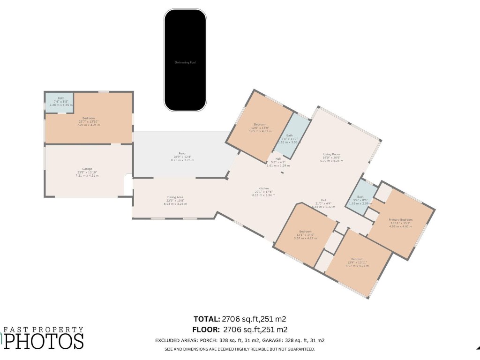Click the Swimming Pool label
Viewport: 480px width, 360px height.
(185, 62)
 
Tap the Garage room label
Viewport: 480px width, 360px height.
(87, 169)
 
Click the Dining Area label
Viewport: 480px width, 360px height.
(175, 197)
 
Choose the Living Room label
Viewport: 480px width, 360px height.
(331, 154)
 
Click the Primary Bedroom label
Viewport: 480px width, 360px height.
(400, 219)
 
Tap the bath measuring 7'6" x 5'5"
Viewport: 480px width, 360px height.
(61, 98)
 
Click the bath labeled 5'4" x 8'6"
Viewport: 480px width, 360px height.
(360, 197)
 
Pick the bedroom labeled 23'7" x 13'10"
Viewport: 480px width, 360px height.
(89, 118)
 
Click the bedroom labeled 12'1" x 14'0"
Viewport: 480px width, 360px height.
(305, 232)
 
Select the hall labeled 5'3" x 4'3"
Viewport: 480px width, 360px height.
(278, 158)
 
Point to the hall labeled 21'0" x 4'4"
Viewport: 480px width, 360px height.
(323, 200)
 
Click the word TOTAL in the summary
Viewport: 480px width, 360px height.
(207, 319)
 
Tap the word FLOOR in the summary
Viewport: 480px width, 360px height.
(207, 330)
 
